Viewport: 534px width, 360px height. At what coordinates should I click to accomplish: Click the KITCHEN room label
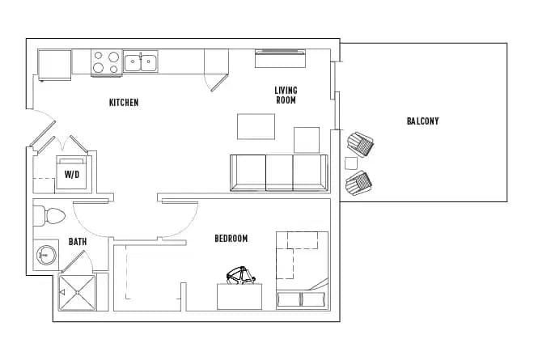pos(124,103)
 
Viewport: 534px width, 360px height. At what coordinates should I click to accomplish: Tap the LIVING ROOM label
pos(286,95)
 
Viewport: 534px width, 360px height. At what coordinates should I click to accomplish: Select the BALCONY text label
pos(422,121)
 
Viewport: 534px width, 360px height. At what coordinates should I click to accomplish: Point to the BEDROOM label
pos(231,239)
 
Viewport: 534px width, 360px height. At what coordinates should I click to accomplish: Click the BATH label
pos(78,241)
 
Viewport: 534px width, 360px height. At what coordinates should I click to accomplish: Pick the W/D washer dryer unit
pos(72,173)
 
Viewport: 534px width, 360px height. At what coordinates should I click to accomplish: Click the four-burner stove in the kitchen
pos(105,62)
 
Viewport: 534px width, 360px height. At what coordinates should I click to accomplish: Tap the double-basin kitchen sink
pos(141,61)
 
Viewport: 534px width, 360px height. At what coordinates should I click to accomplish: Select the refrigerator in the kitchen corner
pos(54,64)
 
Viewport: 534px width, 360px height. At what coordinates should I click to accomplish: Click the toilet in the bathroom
pos(50,216)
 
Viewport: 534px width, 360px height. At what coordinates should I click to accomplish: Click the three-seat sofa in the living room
pos(279,172)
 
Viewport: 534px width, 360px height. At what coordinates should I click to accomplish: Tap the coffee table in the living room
pos(256,127)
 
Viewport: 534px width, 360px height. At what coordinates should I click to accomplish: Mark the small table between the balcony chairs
pos(351,163)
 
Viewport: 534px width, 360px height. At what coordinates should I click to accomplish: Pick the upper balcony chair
pos(361,146)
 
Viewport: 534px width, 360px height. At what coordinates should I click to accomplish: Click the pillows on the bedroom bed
pos(302,299)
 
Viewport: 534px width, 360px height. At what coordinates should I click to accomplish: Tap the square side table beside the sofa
pos(307,139)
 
